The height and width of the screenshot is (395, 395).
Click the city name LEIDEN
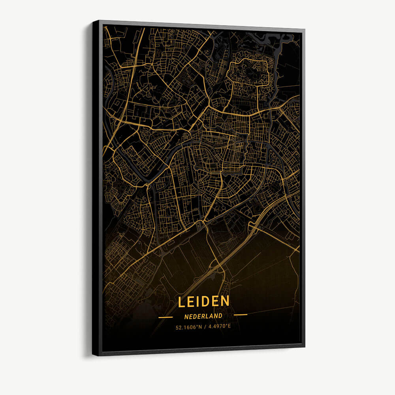coord(203,301)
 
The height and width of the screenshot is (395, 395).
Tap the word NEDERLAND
coord(203,316)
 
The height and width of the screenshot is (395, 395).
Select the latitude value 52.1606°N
coord(189,327)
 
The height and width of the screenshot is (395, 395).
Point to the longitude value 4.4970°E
coord(219,327)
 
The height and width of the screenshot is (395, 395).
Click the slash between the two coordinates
coord(204,327)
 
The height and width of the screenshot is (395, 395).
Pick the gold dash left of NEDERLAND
coord(166,317)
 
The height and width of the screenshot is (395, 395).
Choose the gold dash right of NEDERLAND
coord(241,315)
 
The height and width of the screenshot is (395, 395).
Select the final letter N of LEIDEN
coord(225,301)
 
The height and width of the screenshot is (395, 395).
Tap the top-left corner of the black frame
coord(94,21)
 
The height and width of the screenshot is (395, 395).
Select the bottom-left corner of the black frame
coord(93,354)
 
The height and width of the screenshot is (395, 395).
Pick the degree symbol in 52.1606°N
coord(196,325)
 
